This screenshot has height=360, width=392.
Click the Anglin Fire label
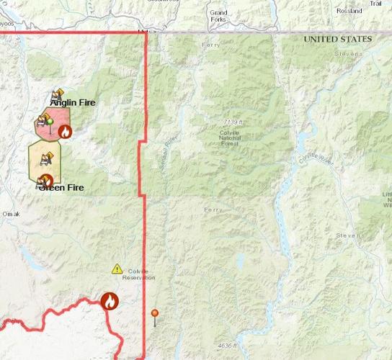(x=73, y=103)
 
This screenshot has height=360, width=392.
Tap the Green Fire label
(x=61, y=188)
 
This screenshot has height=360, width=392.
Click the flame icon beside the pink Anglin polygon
(x=65, y=131)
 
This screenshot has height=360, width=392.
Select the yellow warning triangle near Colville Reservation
(x=117, y=269)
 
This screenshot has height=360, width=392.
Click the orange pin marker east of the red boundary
(x=154, y=314)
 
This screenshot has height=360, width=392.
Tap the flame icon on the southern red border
(x=110, y=302)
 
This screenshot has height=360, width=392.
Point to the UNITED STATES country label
(x=337, y=38)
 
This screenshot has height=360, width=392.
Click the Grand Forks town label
(x=218, y=16)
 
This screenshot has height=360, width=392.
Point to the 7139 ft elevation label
(x=233, y=123)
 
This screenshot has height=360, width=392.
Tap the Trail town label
(x=375, y=4)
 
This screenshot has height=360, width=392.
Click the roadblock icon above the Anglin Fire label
(x=57, y=94)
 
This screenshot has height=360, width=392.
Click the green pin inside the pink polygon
(x=49, y=120)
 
